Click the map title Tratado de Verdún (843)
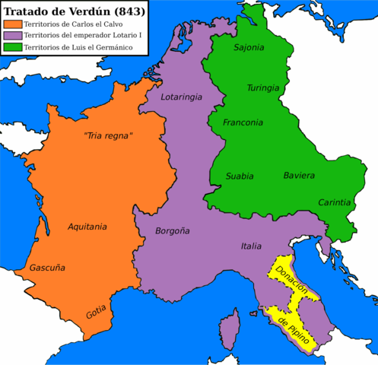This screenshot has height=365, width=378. click(73, 11)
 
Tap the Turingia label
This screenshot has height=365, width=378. click(263, 87)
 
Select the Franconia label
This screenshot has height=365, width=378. click(243, 122)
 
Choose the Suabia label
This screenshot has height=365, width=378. click(240, 176)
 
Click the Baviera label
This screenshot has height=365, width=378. click(299, 176)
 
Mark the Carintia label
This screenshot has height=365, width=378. click(335, 202)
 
